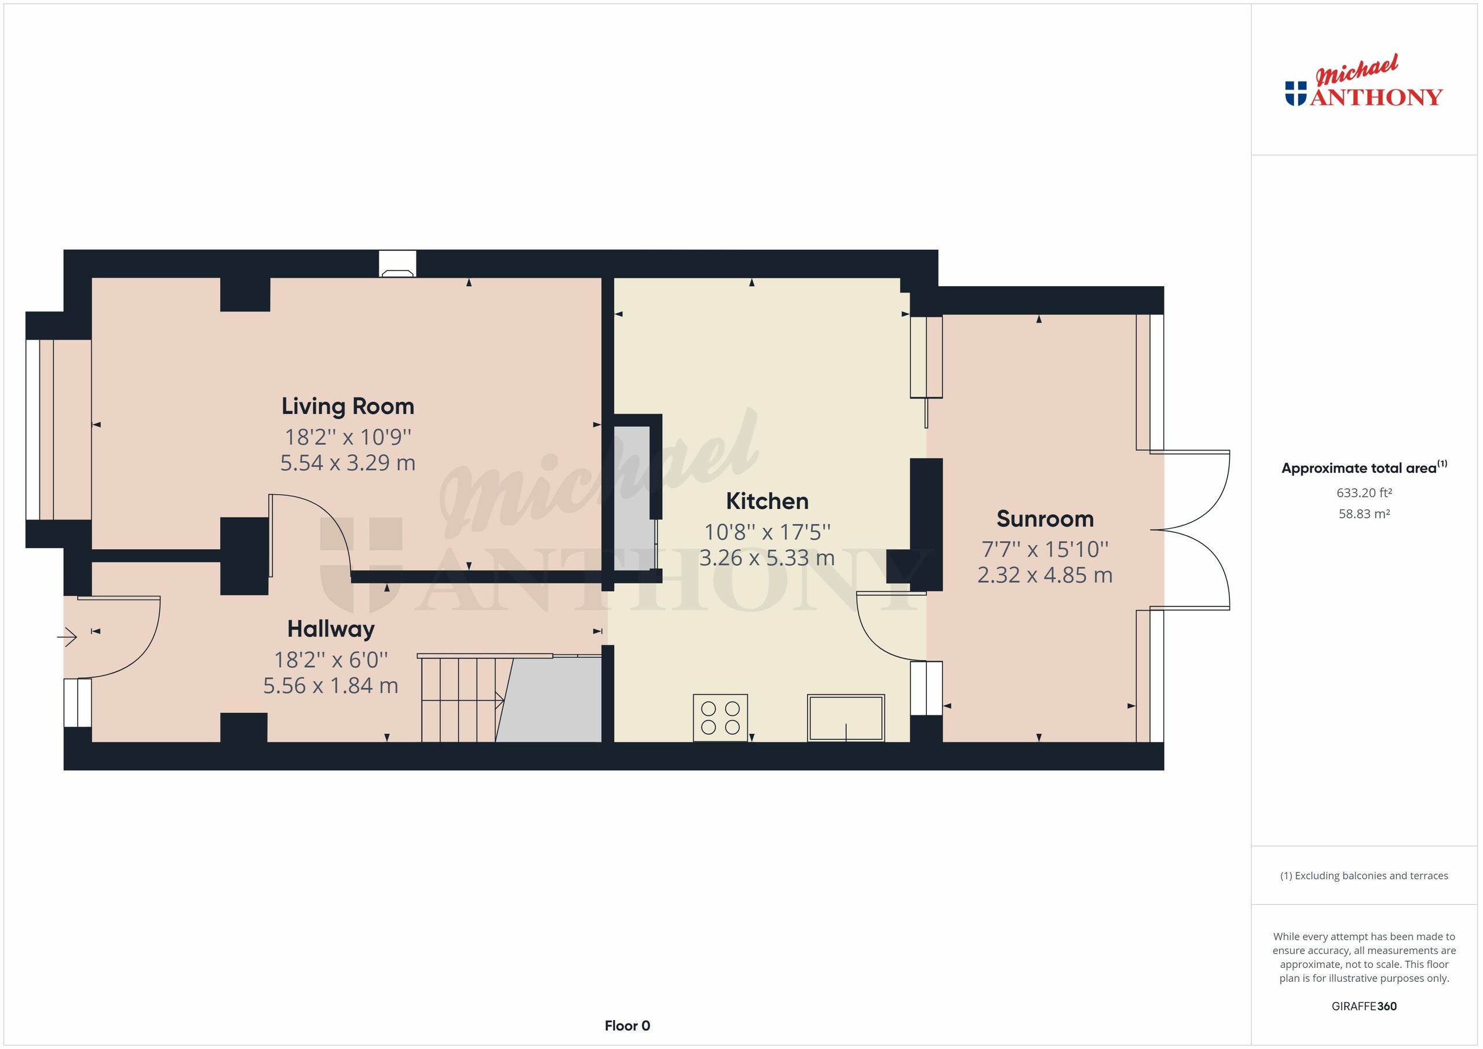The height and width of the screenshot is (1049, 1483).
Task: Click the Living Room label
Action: click(x=348, y=406)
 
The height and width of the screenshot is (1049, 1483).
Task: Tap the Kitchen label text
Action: click(x=766, y=501)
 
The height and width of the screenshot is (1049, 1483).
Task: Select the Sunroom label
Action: click(x=1044, y=518)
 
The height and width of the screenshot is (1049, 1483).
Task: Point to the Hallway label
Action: click(x=331, y=629)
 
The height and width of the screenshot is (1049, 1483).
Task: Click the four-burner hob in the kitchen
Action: click(x=720, y=717)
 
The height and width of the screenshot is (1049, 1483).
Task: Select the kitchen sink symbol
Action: click(x=846, y=718)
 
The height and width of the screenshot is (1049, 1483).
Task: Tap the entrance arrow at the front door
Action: click(x=67, y=638)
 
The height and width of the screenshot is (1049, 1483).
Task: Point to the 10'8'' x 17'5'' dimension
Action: click(x=766, y=532)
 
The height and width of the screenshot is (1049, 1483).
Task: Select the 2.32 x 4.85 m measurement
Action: click(x=1044, y=575)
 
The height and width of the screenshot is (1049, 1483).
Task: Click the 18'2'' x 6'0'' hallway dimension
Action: click(x=331, y=660)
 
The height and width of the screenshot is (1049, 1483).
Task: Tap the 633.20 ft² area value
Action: click(x=1364, y=493)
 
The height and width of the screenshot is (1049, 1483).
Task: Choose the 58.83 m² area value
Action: click(x=1364, y=514)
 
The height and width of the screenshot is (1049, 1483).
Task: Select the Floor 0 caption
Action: click(x=627, y=1026)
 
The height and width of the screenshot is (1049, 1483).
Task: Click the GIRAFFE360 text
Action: click(x=1364, y=1006)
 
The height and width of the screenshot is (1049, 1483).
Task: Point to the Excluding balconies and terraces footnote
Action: click(x=1364, y=876)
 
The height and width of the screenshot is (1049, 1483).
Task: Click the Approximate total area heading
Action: click(x=1364, y=468)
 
